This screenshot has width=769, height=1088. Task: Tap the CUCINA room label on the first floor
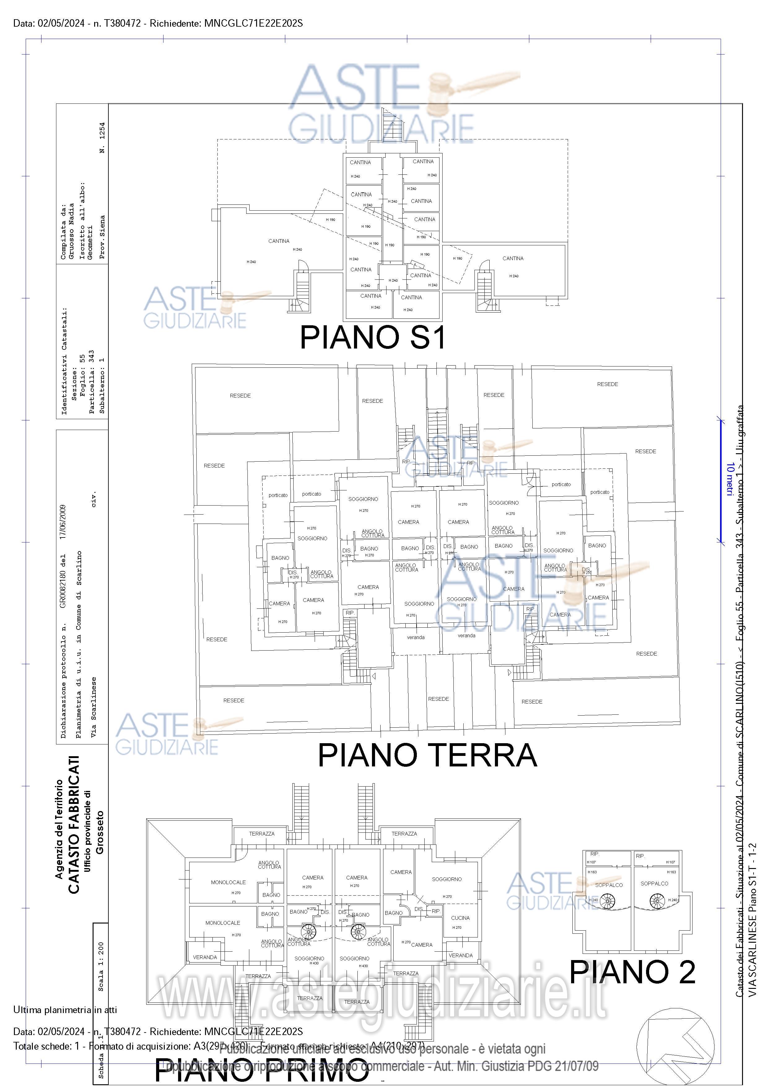[460, 918]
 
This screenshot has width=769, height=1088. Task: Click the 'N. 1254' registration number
[102, 138]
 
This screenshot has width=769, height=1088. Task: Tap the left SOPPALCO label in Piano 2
[609, 885]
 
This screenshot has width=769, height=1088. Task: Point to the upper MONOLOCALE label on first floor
[228, 882]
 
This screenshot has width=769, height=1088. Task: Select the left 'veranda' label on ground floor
[416, 637]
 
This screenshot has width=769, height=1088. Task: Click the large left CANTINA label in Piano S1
[279, 241]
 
